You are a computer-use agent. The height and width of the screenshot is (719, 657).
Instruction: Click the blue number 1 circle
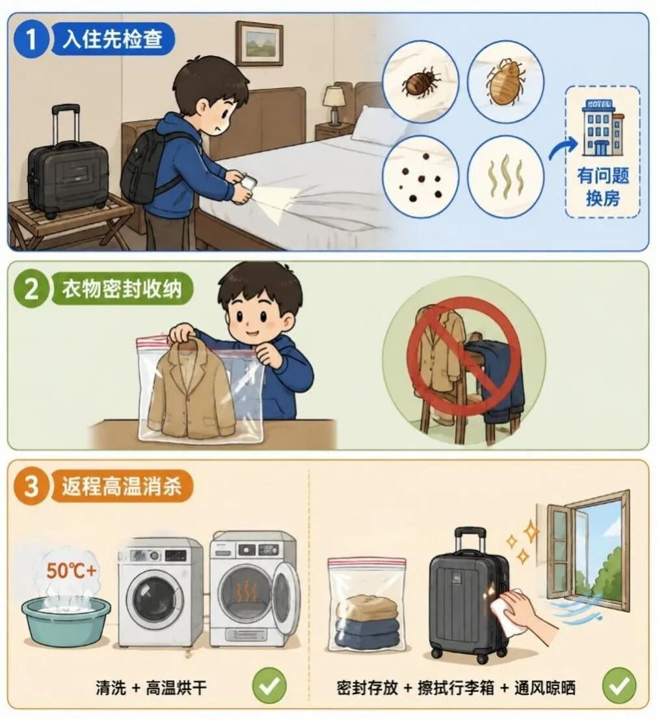coord(31,38)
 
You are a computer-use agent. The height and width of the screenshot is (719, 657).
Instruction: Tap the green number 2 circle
coord(31,289)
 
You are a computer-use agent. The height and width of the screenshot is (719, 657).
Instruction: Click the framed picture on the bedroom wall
coord(260,44)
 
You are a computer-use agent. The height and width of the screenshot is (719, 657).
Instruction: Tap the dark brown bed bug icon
coord(420,82)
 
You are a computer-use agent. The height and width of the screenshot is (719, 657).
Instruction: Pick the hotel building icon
coord(602,128)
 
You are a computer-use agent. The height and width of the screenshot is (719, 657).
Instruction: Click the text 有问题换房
coord(602,187)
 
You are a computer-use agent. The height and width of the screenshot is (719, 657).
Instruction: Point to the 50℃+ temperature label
coord(71,571)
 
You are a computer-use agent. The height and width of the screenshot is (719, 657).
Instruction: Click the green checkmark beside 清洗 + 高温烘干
coord(269,686)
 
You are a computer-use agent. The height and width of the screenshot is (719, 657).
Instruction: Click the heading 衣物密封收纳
coord(122,290)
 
